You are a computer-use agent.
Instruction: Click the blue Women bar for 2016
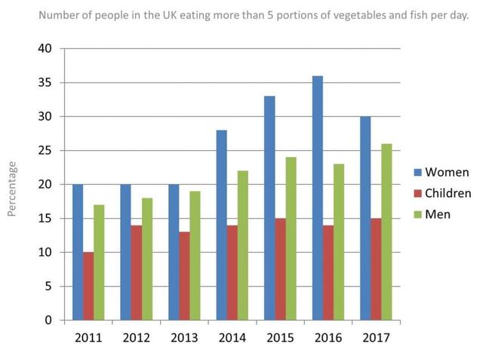(x=318, y=198)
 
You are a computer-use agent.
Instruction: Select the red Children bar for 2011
(x=88, y=286)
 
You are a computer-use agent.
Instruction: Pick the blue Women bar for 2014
(x=221, y=225)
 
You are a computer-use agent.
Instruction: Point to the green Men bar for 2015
(x=291, y=238)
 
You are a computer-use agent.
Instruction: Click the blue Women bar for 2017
(x=365, y=218)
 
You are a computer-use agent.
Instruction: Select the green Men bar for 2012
(x=147, y=259)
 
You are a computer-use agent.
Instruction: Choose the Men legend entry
(x=438, y=214)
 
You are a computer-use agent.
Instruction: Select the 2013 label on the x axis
(x=184, y=337)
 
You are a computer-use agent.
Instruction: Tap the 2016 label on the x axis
(x=328, y=337)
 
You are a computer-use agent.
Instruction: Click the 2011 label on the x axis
(x=88, y=337)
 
